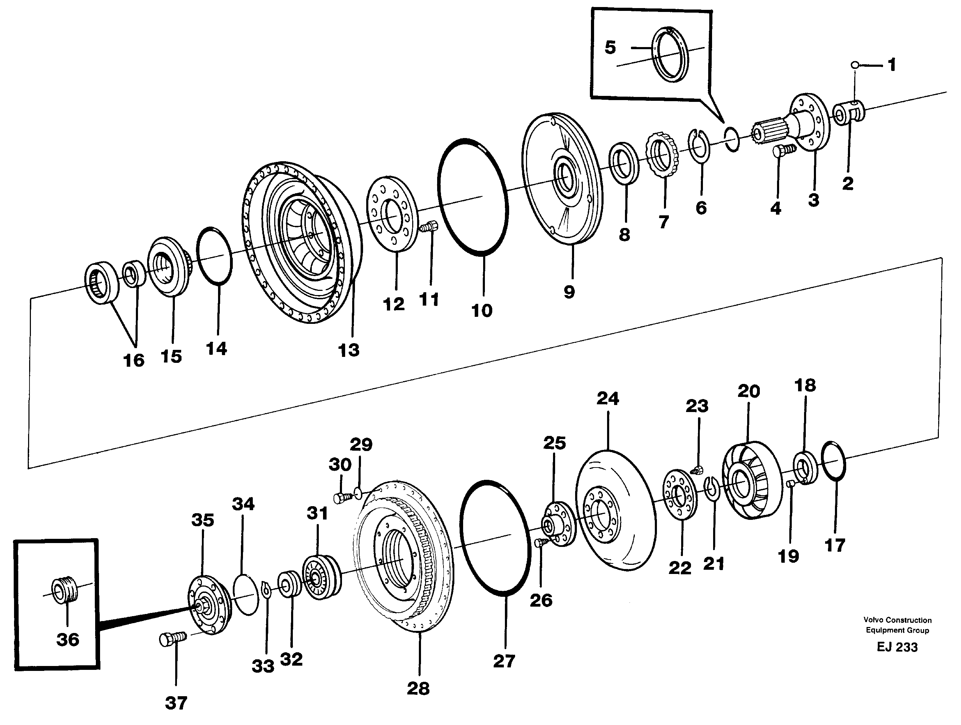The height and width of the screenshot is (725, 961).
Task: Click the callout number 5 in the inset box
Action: (x=610, y=47)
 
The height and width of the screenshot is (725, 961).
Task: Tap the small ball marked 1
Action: (x=855, y=65)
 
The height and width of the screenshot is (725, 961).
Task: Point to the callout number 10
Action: (x=481, y=311)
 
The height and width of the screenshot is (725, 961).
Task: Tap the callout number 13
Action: (x=348, y=350)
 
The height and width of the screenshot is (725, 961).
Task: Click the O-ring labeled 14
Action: (x=214, y=256)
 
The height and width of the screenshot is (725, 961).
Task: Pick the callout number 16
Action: (x=133, y=360)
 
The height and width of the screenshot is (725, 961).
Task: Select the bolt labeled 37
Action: (x=172, y=639)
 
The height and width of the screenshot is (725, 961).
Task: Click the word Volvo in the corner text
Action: (x=873, y=620)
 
